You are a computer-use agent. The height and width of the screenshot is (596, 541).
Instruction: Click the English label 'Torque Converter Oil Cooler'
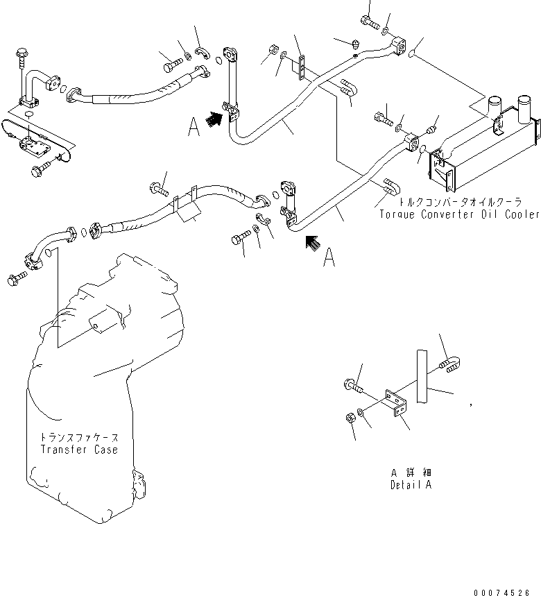pos(458,214)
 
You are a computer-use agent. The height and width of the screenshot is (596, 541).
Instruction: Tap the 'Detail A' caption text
pos(411,485)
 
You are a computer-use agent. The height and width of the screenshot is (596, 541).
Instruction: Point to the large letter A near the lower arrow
pos(329,258)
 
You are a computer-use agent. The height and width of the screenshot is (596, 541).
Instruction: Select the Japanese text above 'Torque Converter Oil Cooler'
pos(458,203)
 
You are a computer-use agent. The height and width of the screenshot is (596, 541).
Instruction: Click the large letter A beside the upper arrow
pos(195,128)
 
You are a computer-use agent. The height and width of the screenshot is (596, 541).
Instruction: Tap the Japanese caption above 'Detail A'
pos(411,472)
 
